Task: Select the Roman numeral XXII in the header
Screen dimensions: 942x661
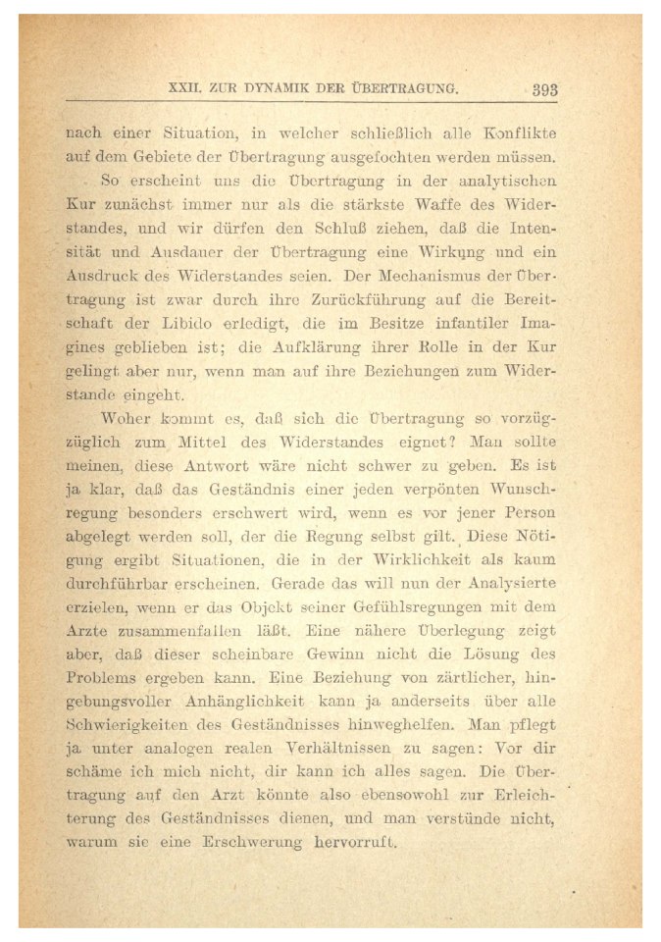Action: [185, 88]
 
